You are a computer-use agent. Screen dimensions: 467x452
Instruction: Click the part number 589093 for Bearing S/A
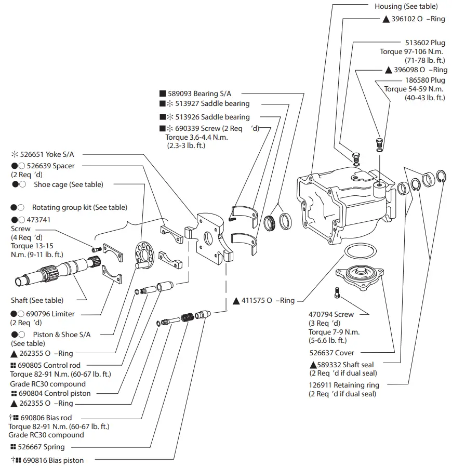pyautogui.click(x=179, y=94)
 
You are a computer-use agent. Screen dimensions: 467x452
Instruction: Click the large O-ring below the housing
pyautogui.click(x=359, y=252)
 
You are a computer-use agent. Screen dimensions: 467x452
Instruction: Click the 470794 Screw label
pyautogui.click(x=331, y=314)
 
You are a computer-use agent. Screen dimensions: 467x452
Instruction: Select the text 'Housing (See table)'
pyautogui.click(x=406, y=7)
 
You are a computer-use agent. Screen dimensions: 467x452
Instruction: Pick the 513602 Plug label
pyautogui.click(x=425, y=43)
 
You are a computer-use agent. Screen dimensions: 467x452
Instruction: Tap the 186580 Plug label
pyautogui.click(x=425, y=81)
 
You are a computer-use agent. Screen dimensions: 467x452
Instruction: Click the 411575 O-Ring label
pyautogui.click(x=268, y=300)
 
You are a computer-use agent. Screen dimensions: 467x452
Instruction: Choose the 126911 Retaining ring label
pyautogui.click(x=344, y=385)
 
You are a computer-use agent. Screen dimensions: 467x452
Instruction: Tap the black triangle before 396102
pyautogui.click(x=386, y=19)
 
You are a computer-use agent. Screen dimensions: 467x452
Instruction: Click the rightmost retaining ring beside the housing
pyautogui.click(x=442, y=178)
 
